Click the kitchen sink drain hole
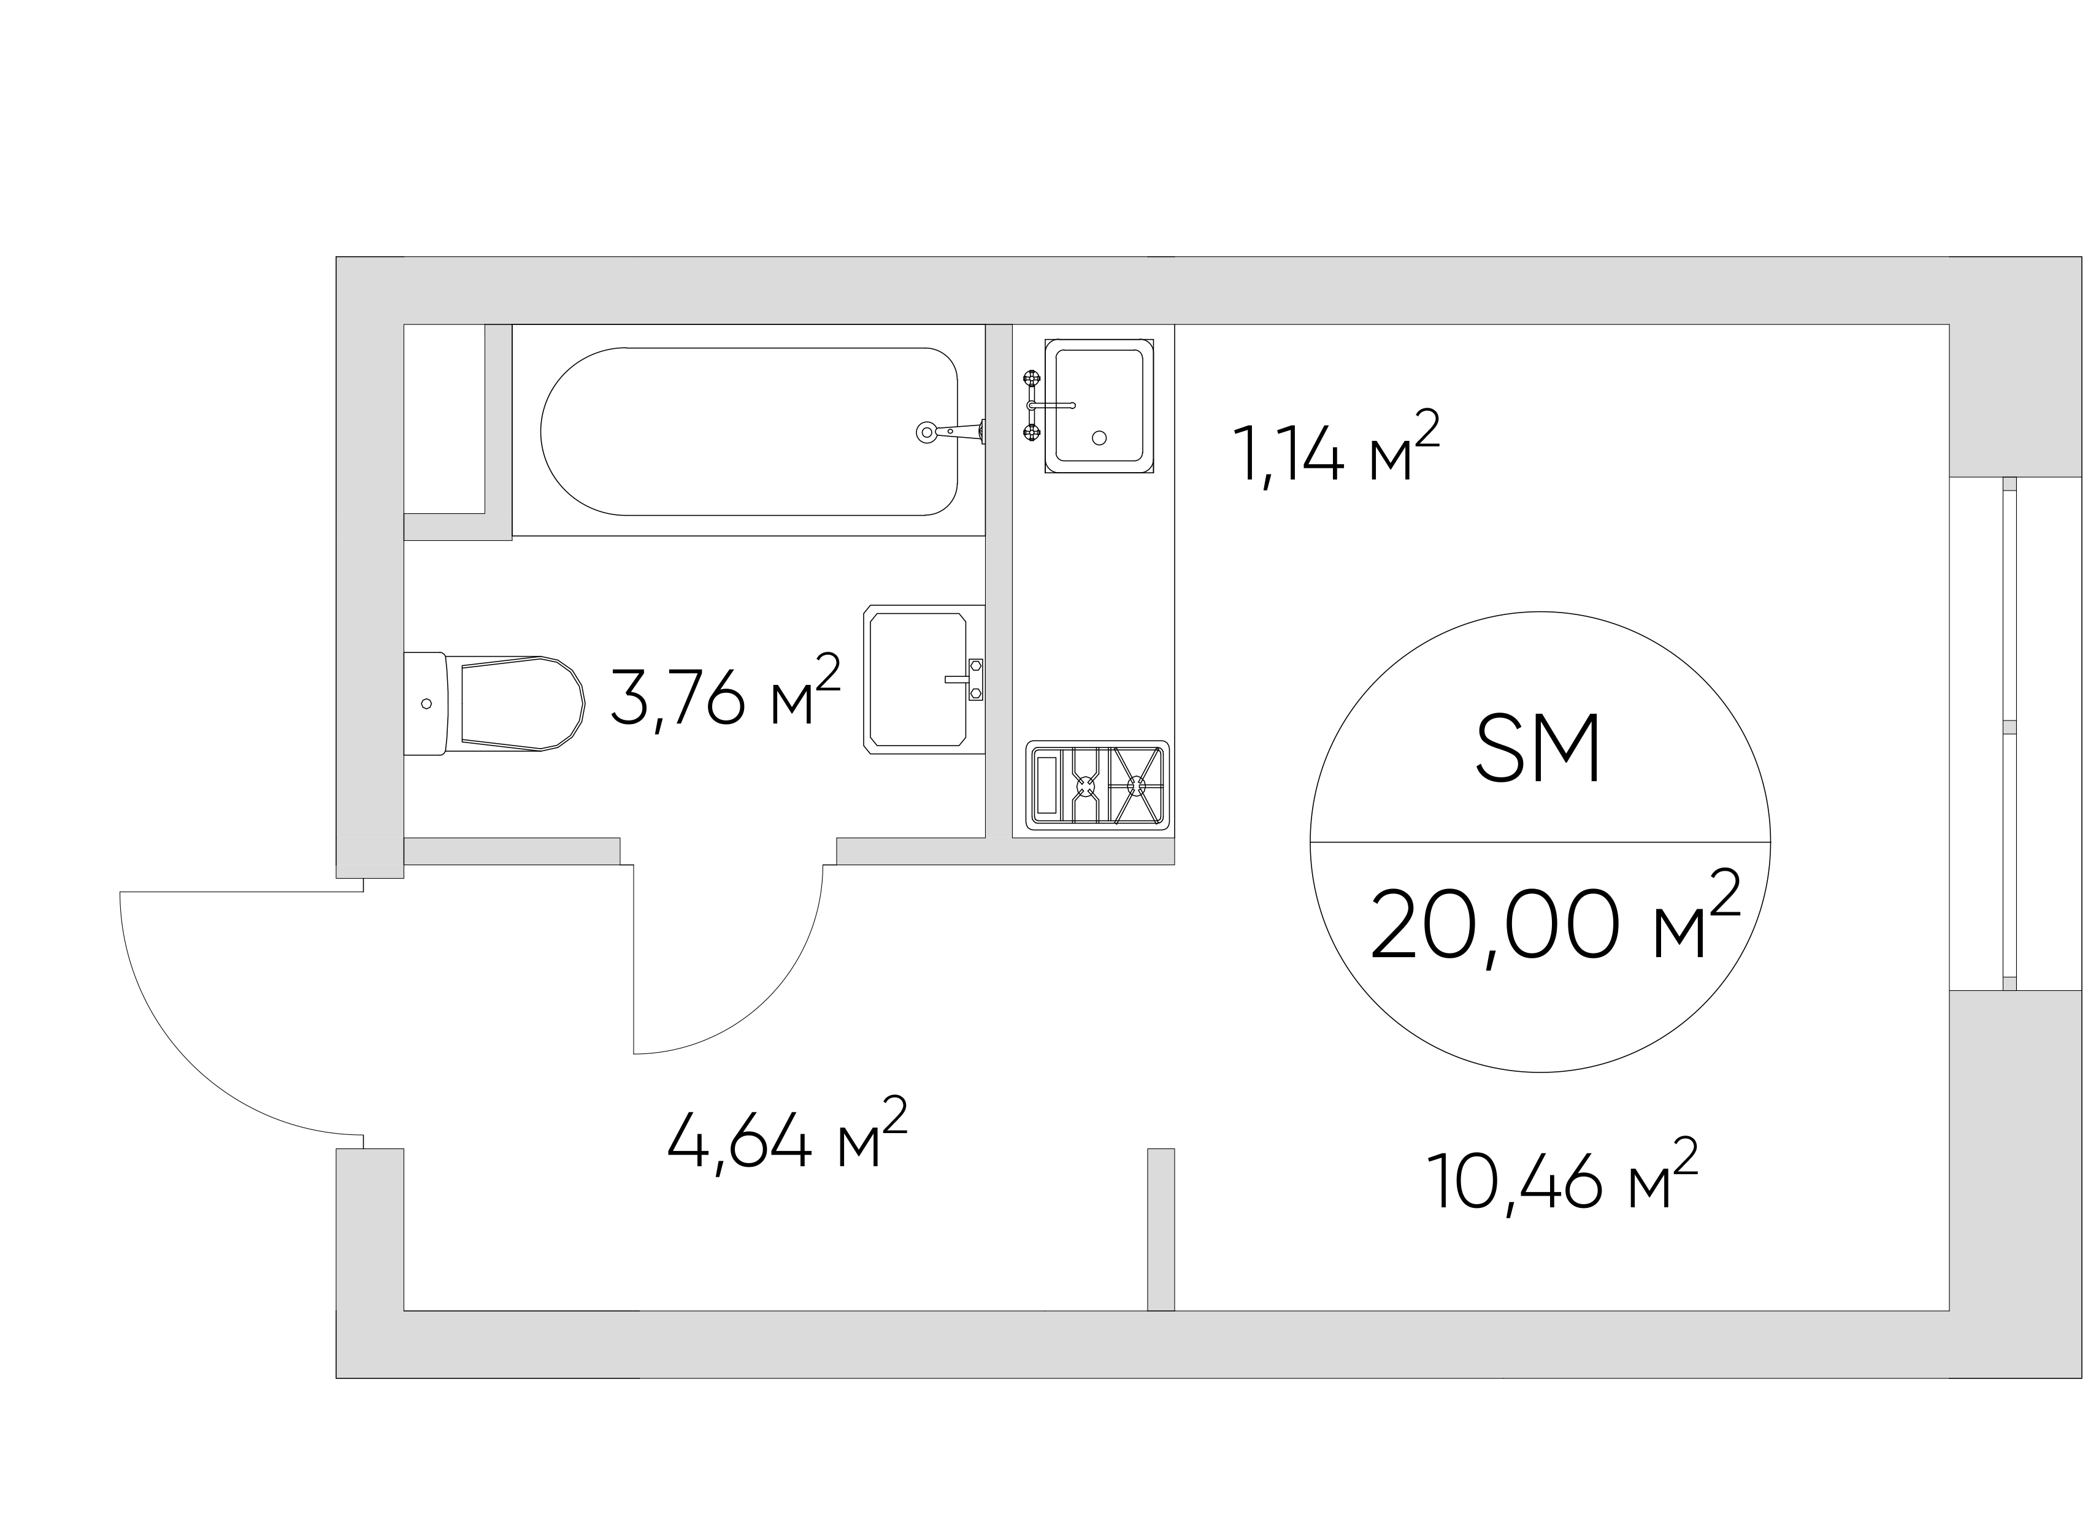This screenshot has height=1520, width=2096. [1099, 438]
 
